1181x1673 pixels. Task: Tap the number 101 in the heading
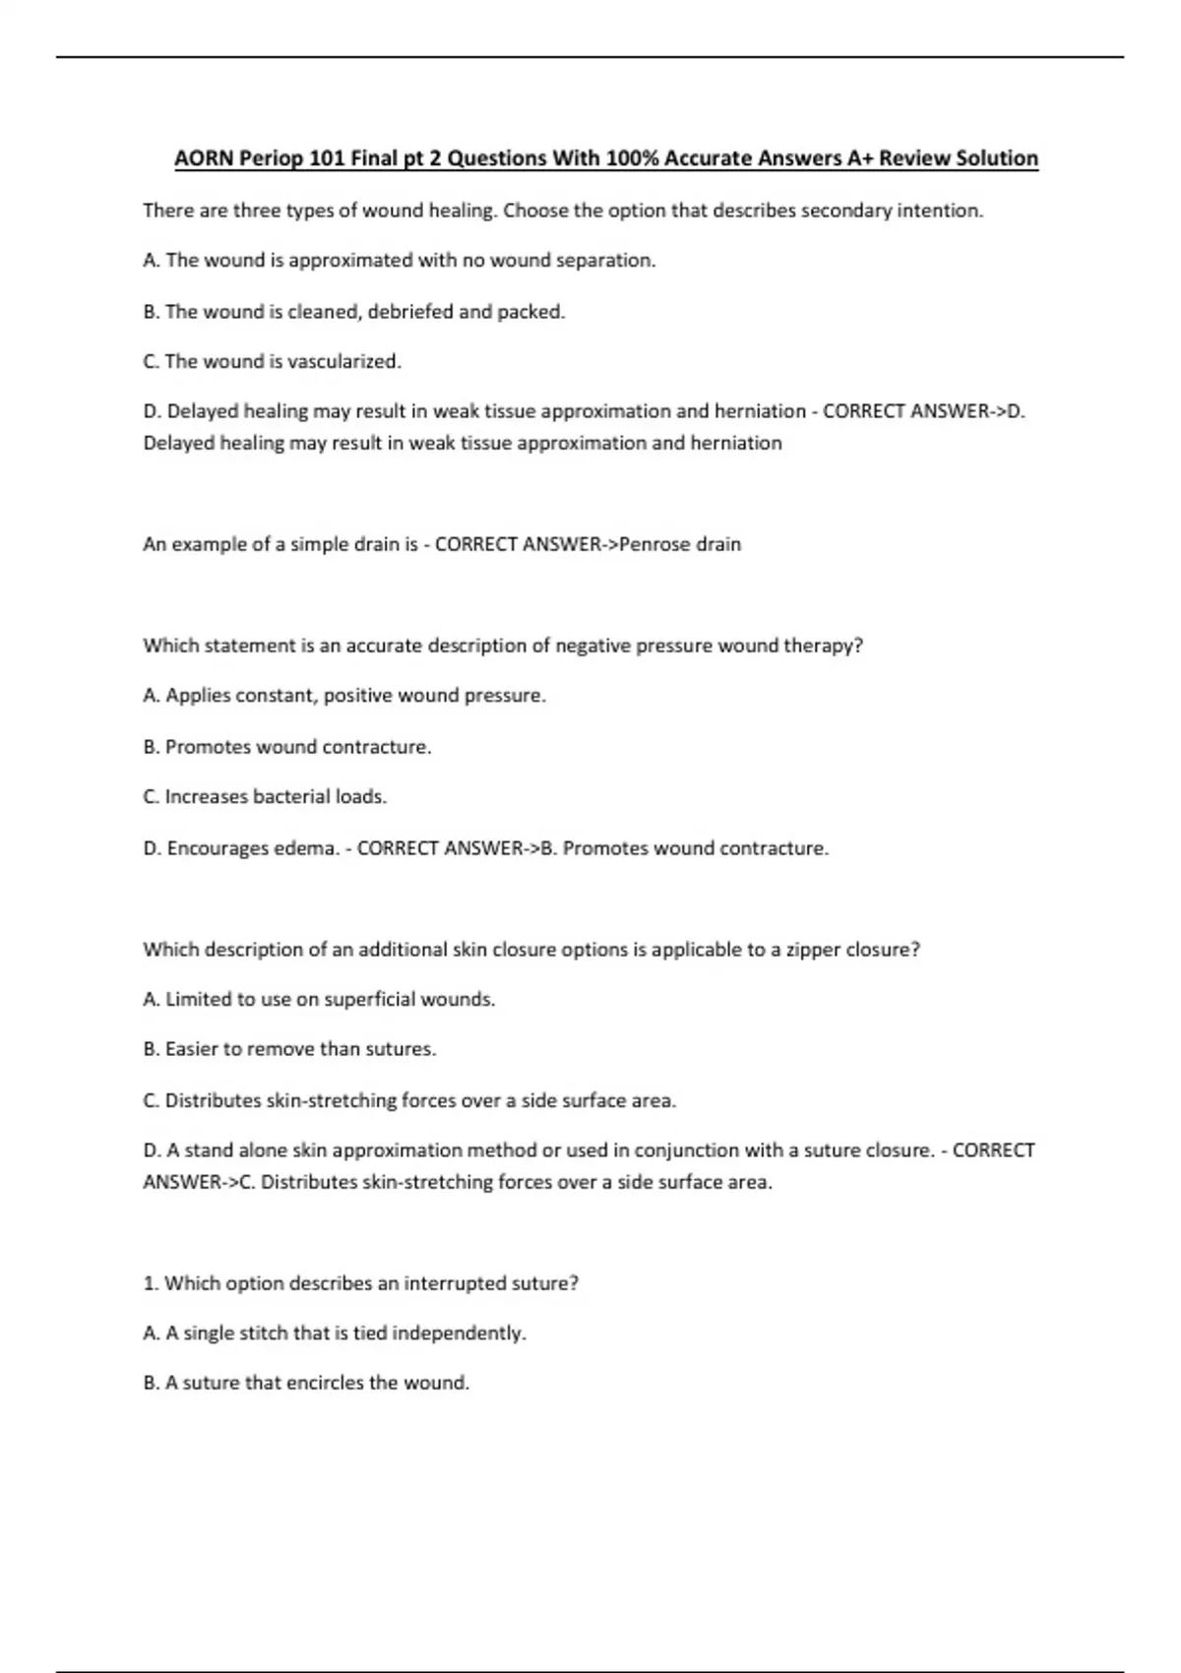[325, 158]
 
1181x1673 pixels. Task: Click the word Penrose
[655, 544]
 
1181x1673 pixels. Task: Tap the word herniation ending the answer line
[736, 444]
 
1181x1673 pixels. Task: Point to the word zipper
[813, 951]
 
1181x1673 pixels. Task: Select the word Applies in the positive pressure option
[201, 696]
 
